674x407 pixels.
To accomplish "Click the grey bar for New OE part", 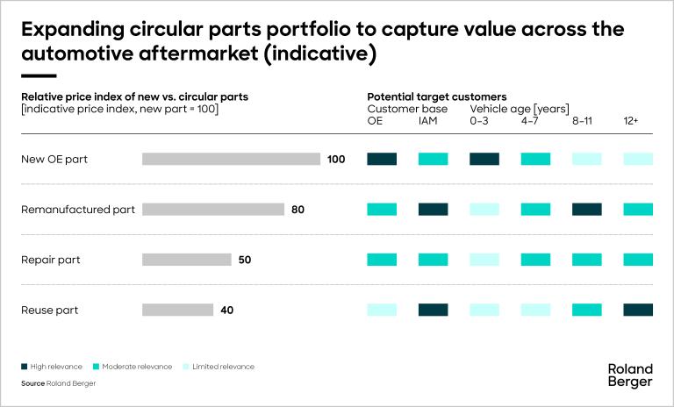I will click(231, 159).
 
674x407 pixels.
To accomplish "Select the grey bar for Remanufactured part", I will click(213, 210).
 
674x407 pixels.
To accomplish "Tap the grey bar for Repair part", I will click(186, 260).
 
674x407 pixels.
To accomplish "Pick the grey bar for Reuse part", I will click(177, 310).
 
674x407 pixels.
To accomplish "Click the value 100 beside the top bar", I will click(336, 160).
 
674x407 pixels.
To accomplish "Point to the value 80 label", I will click(298, 210).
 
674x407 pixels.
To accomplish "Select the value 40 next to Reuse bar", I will click(227, 310).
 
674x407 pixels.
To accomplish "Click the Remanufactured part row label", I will click(77, 210).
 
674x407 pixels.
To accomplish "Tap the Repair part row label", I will click(49, 260).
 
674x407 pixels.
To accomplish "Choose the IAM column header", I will click(428, 120).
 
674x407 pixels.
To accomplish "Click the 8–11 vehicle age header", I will click(582, 120).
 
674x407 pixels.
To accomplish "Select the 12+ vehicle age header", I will click(631, 120).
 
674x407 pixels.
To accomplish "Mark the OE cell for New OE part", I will click(382, 159).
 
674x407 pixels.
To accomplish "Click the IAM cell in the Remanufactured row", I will click(433, 210).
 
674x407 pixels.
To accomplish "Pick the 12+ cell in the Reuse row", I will click(638, 310).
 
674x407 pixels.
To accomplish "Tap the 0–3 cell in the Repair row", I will click(484, 260).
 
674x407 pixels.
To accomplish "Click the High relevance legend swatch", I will click(25, 366).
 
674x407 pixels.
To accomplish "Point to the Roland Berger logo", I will click(629, 375).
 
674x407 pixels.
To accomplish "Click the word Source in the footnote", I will click(32, 383).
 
